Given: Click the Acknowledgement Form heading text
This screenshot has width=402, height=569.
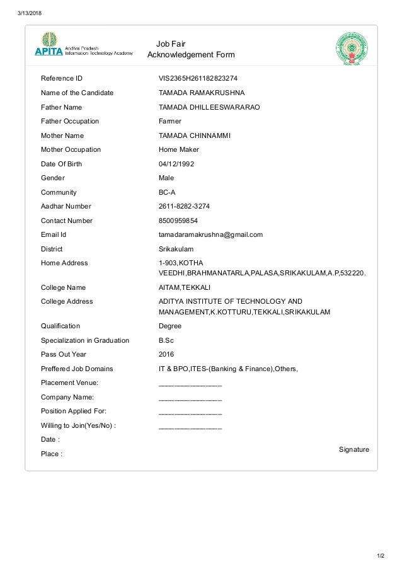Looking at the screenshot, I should coord(190,55).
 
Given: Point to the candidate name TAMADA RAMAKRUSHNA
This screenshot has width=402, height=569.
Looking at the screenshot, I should coord(197,93).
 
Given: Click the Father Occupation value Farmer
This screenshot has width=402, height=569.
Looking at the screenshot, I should coord(169,121).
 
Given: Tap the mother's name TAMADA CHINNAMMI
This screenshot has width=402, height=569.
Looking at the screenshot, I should coord(195,135).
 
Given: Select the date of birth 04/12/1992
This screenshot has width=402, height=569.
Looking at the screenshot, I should coord(176,164).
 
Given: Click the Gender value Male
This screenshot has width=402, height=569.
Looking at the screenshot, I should coord(166,178).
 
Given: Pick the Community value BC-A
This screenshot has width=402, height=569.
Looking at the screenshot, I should coord(167,192).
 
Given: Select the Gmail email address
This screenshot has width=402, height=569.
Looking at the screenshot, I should coord(210,234).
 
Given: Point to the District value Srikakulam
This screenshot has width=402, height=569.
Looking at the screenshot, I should coord(176,249).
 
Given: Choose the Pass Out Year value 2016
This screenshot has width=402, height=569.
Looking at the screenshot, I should coord(166,354).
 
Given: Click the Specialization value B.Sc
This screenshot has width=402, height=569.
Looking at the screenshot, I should coord(166,340).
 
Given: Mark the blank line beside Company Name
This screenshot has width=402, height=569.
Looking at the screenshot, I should coord(190,398).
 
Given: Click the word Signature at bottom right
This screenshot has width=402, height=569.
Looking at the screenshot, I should coord(353,449).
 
